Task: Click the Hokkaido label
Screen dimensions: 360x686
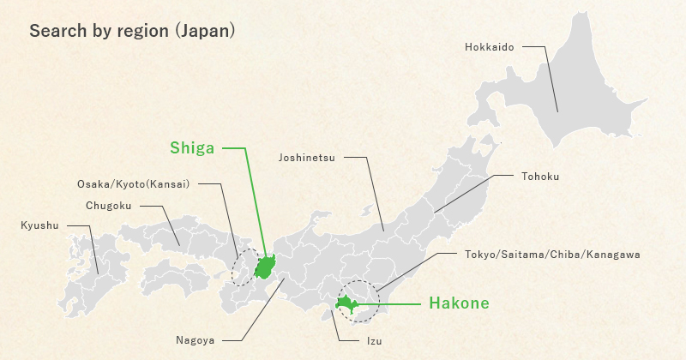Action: coord(489,47)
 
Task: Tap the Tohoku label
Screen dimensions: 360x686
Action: coord(539,177)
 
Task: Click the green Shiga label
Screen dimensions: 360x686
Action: coord(193,147)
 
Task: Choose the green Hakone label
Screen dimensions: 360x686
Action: coord(459,303)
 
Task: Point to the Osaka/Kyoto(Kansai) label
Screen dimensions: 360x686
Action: coord(133,183)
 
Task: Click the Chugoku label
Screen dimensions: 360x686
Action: coord(109,206)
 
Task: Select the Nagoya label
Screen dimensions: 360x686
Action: coord(196,340)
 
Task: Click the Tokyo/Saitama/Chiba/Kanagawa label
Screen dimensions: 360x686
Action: coord(552,255)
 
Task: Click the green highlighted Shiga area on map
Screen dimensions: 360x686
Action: coord(265,267)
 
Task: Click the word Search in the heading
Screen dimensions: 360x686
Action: coord(54,31)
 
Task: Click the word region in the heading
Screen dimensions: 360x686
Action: coord(142,31)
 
